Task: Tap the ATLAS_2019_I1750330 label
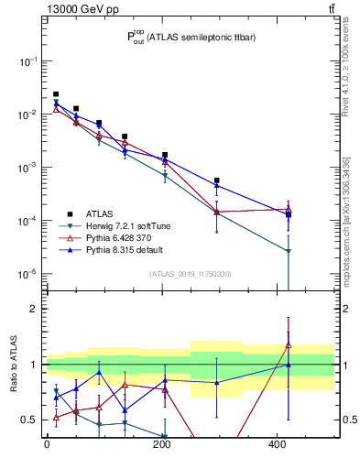pos(191,274)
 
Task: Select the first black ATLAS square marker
pos(56,94)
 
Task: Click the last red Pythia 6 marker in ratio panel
pos(289,345)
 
